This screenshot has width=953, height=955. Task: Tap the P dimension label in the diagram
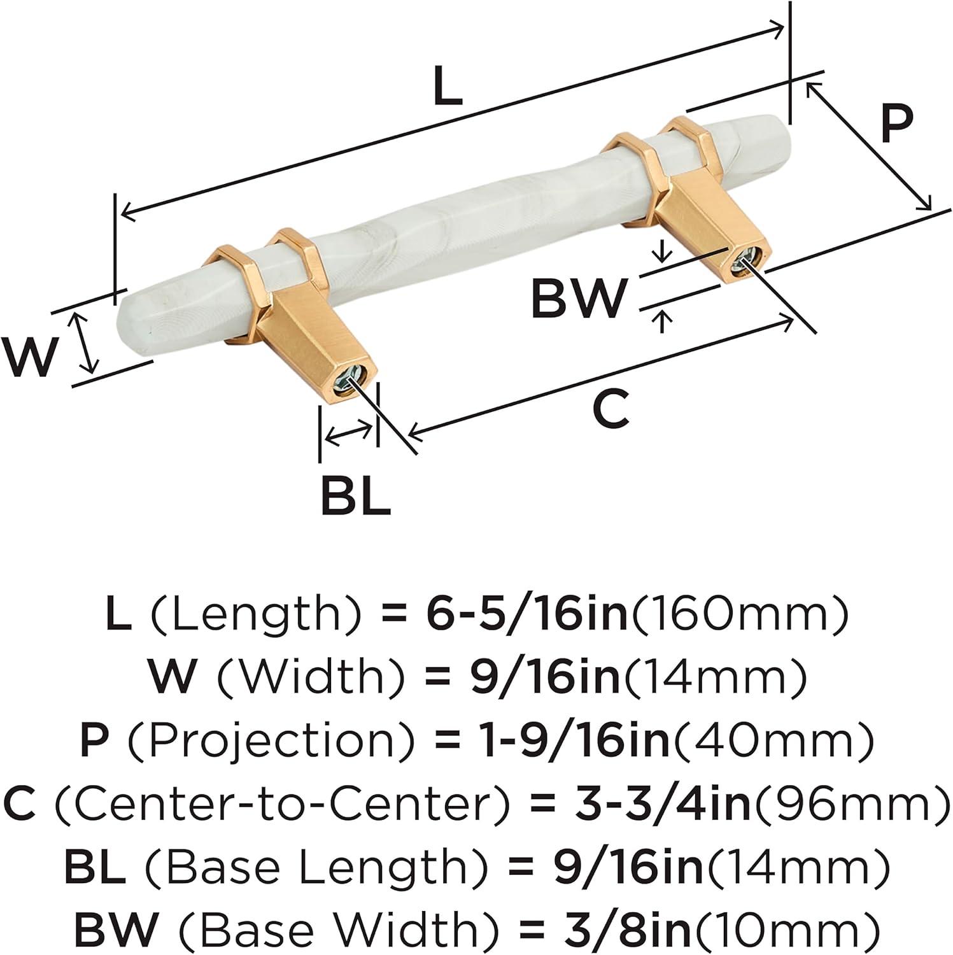pos(897,125)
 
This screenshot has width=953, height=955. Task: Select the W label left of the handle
pos(29,357)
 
